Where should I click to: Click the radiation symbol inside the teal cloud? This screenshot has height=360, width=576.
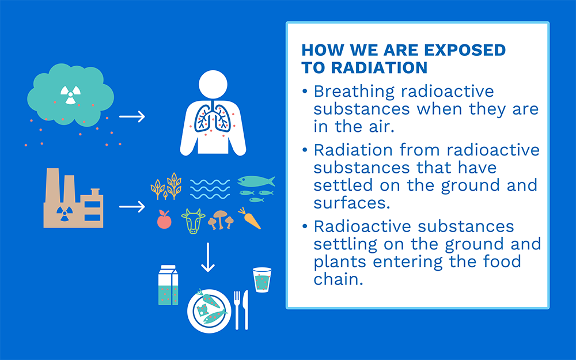click(70, 95)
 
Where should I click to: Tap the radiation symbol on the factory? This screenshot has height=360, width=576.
click(65, 214)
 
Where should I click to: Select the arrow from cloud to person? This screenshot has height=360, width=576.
click(132, 116)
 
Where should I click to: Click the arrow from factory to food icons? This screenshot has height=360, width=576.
click(132, 206)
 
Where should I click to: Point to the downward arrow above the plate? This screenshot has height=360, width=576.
click(208, 257)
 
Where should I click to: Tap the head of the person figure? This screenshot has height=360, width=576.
click(213, 85)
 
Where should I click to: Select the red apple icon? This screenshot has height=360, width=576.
click(164, 219)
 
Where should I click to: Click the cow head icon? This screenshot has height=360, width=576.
click(193, 221)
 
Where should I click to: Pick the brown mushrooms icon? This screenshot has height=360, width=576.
click(221, 220)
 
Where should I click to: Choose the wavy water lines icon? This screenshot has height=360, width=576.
click(210, 189)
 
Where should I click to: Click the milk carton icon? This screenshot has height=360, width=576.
click(168, 285)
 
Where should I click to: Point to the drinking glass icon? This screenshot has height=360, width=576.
click(262, 280)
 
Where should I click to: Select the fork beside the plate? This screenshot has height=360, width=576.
click(237, 310)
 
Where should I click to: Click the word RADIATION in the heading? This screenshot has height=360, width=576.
click(379, 67)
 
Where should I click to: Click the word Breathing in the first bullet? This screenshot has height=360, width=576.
click(354, 92)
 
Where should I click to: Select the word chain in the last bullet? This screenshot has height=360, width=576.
click(338, 279)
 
